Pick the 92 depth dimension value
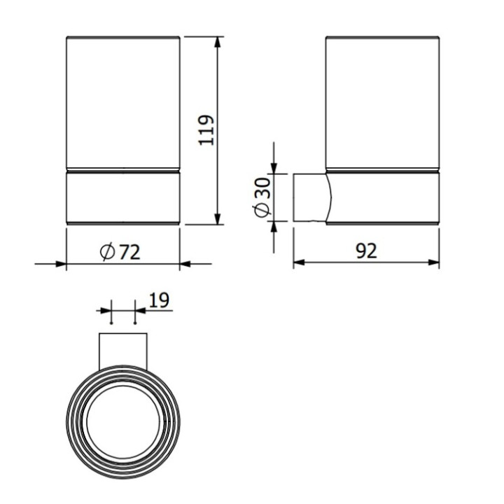click(366, 251)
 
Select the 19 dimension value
click(159, 300)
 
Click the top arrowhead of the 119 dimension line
click(218, 38)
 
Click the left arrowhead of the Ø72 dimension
click(62, 264)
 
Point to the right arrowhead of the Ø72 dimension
click(185, 264)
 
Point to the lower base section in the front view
click(123, 197)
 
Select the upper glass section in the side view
click(383, 101)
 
